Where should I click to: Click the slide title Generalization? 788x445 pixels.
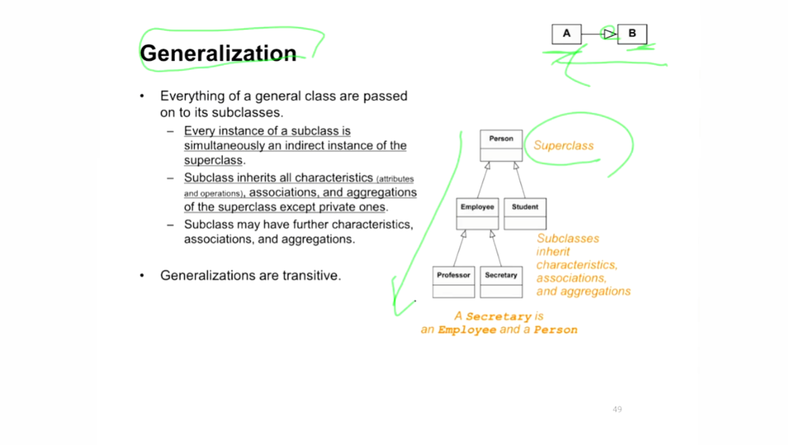pos(218,53)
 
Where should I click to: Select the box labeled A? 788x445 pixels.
pos(567,34)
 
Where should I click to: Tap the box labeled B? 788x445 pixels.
pos(633,34)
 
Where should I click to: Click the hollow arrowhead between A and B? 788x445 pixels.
pos(610,34)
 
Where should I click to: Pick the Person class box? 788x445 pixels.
pos(501,145)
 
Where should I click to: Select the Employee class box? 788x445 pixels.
pos(477,214)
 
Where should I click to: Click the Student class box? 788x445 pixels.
pos(525,214)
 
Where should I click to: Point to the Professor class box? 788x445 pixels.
pos(453,282)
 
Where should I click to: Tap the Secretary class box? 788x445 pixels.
pos(501,282)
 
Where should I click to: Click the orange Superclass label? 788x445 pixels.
pos(563,145)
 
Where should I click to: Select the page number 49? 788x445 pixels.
pos(617,409)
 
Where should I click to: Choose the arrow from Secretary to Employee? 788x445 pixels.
pos(496,249)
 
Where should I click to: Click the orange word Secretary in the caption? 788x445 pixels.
pos(499,317)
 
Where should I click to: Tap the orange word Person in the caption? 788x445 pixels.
pos(555,330)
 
